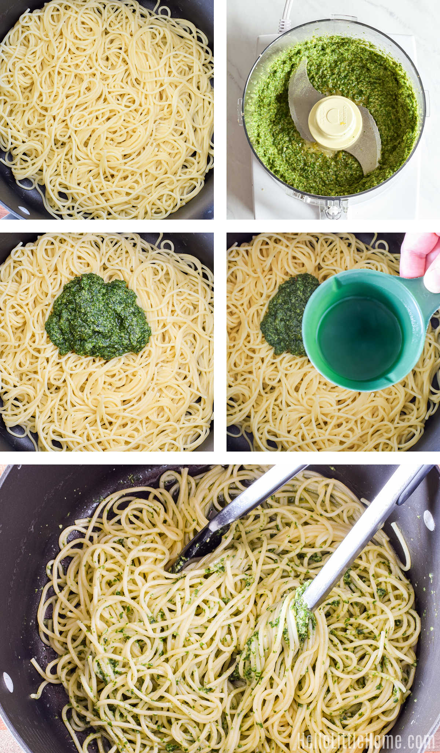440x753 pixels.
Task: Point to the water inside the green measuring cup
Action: pyautogui.click(x=359, y=338)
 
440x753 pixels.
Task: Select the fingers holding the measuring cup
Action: pyautogui.click(x=422, y=257)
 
